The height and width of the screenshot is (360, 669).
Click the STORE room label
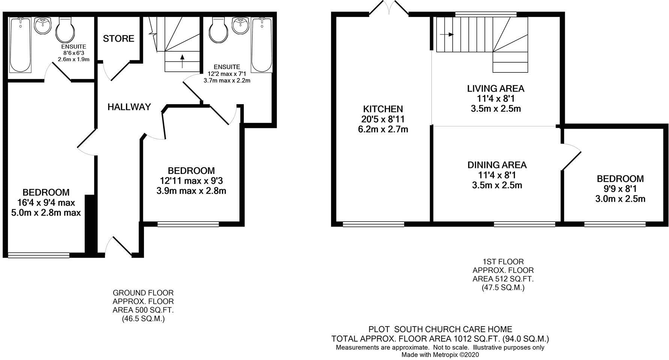[x=118, y=39]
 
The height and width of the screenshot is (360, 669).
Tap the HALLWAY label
[x=129, y=107]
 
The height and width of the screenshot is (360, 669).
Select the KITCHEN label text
[x=383, y=109]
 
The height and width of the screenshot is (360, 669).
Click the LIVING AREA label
[x=495, y=89]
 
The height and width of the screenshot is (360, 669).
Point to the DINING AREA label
[x=497, y=165]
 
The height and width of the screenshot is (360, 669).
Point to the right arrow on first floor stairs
[x=446, y=34]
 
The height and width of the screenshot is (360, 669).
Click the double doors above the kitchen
[x=390, y=8]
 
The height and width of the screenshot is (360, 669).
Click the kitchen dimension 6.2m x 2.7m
[x=383, y=129]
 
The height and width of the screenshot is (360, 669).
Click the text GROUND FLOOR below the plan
[x=143, y=293]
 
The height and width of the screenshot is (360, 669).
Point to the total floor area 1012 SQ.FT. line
[x=440, y=339]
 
